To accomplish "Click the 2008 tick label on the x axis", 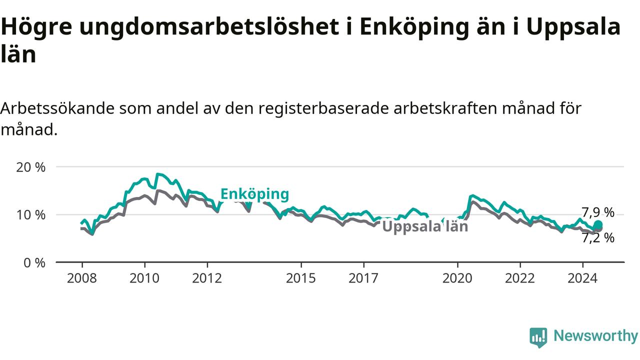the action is click(81, 278).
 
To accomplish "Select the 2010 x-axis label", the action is click(144, 278).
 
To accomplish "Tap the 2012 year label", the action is click(207, 278).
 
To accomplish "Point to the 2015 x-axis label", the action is click(301, 278).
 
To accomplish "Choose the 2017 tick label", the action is click(363, 278).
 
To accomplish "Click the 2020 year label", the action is click(457, 278).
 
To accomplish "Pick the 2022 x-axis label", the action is click(520, 278).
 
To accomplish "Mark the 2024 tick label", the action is click(582, 278).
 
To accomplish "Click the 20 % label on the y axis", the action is click(30, 167).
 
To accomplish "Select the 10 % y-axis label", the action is click(30, 215).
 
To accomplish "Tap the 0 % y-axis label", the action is click(34, 262).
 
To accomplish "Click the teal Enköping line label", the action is click(255, 194).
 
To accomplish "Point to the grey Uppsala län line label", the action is click(425, 227).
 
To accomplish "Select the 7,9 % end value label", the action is click(598, 212).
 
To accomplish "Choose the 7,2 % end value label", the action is click(598, 238).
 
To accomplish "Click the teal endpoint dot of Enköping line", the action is click(598, 224).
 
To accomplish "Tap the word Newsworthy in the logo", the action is click(596, 335).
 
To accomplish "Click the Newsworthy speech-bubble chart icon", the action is click(538, 337).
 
